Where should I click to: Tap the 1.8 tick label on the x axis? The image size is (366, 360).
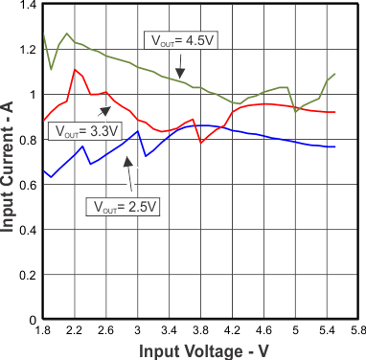tap(43, 331)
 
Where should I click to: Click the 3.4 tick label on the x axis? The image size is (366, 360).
tap(170, 331)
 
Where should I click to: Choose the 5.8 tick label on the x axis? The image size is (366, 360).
tap(356, 331)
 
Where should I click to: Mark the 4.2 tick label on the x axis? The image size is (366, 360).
tap(232, 331)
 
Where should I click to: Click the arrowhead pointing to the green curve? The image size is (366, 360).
tap(180, 73)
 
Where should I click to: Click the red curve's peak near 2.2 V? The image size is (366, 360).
tap(75, 70)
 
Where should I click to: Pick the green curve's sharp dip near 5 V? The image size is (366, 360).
tap(296, 111)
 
